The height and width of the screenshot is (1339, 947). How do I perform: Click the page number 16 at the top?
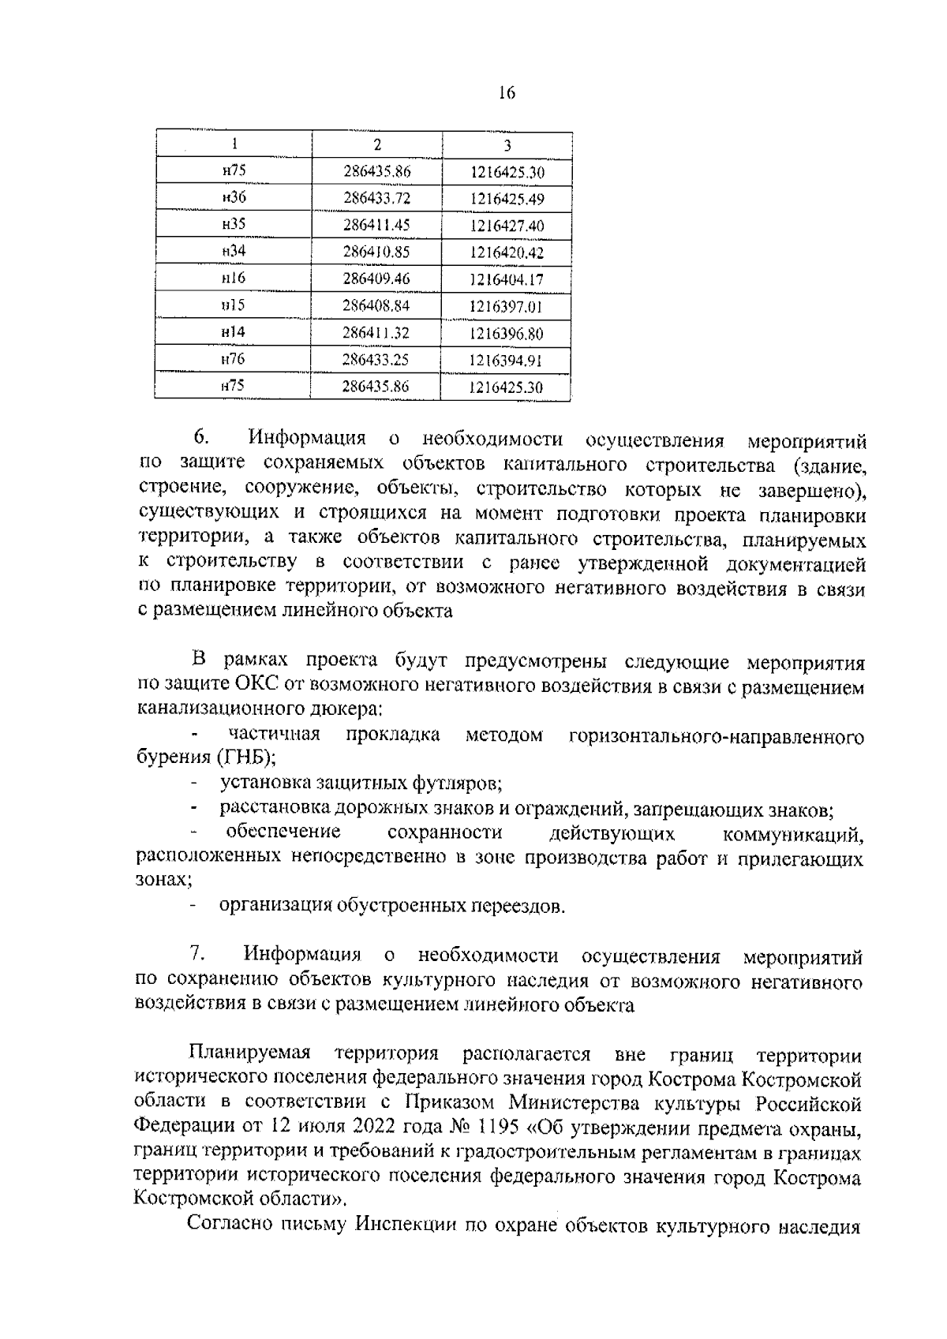507,93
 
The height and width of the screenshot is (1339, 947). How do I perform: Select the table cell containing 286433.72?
376,199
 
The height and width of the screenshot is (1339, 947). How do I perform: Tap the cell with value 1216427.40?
507,226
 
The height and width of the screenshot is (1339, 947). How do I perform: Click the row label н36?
234,198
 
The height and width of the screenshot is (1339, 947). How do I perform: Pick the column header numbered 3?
507,145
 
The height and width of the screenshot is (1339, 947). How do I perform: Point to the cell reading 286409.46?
376,279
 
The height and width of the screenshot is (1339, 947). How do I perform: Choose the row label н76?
234,360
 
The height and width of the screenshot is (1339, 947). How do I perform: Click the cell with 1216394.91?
507,361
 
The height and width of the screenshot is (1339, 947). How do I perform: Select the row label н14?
234,333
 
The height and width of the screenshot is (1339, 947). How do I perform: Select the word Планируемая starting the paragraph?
249,1054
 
